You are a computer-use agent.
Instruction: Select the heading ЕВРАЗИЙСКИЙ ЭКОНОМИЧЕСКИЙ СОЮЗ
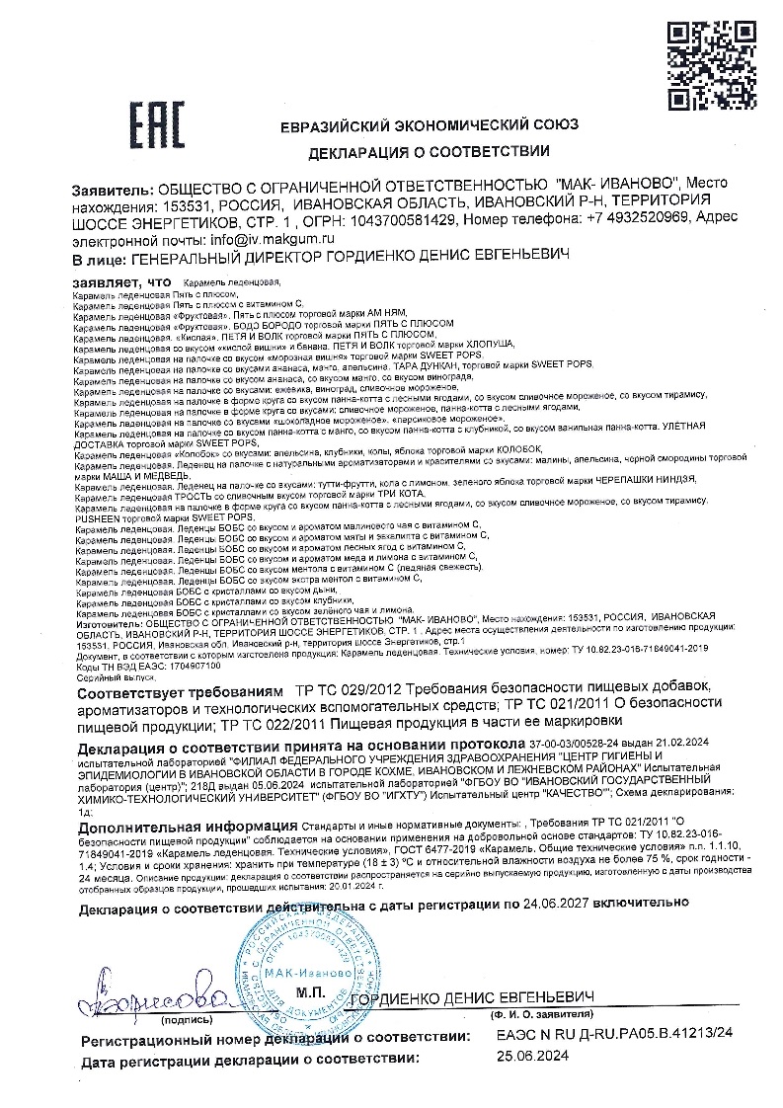pyautogui.click(x=430, y=125)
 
